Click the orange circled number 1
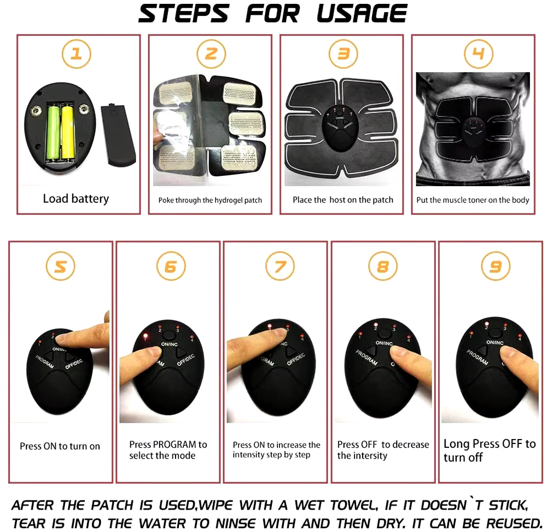[x=77, y=54]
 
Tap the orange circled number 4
[x=478, y=54]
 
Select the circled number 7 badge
[x=280, y=267]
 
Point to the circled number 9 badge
[x=496, y=267]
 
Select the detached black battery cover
[x=118, y=135]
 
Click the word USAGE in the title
[x=362, y=14]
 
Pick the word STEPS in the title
[x=183, y=14]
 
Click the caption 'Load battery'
[x=76, y=199]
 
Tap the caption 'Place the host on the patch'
[x=343, y=200]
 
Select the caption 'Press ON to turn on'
[x=60, y=446]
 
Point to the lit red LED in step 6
[x=146, y=336]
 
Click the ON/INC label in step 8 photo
[x=384, y=343]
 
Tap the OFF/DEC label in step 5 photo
[x=74, y=363]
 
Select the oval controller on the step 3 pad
[x=340, y=128]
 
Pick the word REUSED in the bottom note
[x=514, y=523]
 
